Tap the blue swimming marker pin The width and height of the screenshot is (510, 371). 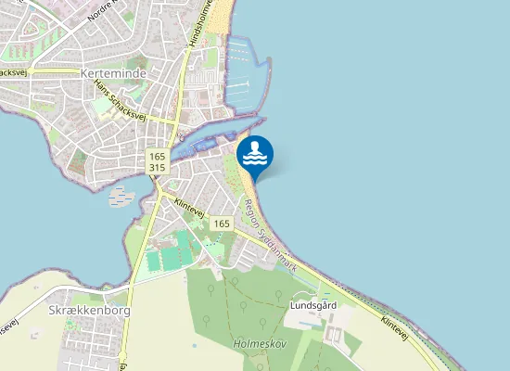[255, 156]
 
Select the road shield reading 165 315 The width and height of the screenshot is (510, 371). [157, 162]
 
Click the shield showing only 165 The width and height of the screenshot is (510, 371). [220, 224]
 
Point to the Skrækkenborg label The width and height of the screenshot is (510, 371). [89, 311]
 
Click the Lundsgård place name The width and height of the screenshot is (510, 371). [312, 304]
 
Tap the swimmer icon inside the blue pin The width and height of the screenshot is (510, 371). [255, 151]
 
